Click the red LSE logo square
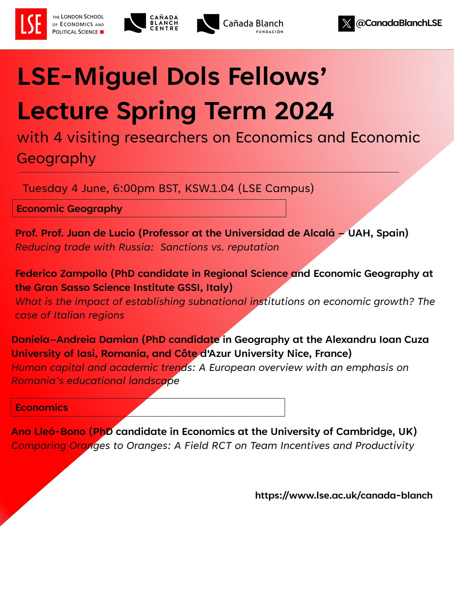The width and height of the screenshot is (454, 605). coord(31,24)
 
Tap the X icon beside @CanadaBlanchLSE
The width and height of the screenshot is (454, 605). coord(346,24)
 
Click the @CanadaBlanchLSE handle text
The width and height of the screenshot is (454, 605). coord(399,23)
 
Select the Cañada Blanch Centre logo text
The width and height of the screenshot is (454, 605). coord(164,23)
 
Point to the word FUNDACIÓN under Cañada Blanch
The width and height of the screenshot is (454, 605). coord(269,32)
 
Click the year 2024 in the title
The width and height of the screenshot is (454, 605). coord(304,111)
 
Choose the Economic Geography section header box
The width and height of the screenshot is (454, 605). coord(149,208)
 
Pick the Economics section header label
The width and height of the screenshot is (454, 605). coord(42,408)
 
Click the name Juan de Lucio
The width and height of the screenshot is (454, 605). coord(101,233)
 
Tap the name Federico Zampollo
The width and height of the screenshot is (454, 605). coord(61,274)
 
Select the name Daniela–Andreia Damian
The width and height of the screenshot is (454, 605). coord(75,340)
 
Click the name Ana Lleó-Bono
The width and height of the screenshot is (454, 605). coord(48,432)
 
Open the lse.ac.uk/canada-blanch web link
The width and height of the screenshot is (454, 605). coord(344,495)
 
